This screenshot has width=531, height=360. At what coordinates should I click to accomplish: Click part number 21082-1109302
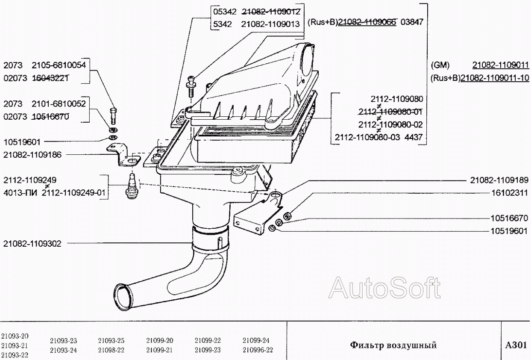click(x=32, y=244)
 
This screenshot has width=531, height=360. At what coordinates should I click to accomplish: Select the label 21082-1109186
click(x=32, y=155)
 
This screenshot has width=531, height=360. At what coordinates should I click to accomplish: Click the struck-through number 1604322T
click(x=51, y=78)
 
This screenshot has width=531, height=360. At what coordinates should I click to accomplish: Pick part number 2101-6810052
click(x=59, y=104)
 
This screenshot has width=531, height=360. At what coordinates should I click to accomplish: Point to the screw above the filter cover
click(x=191, y=87)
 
